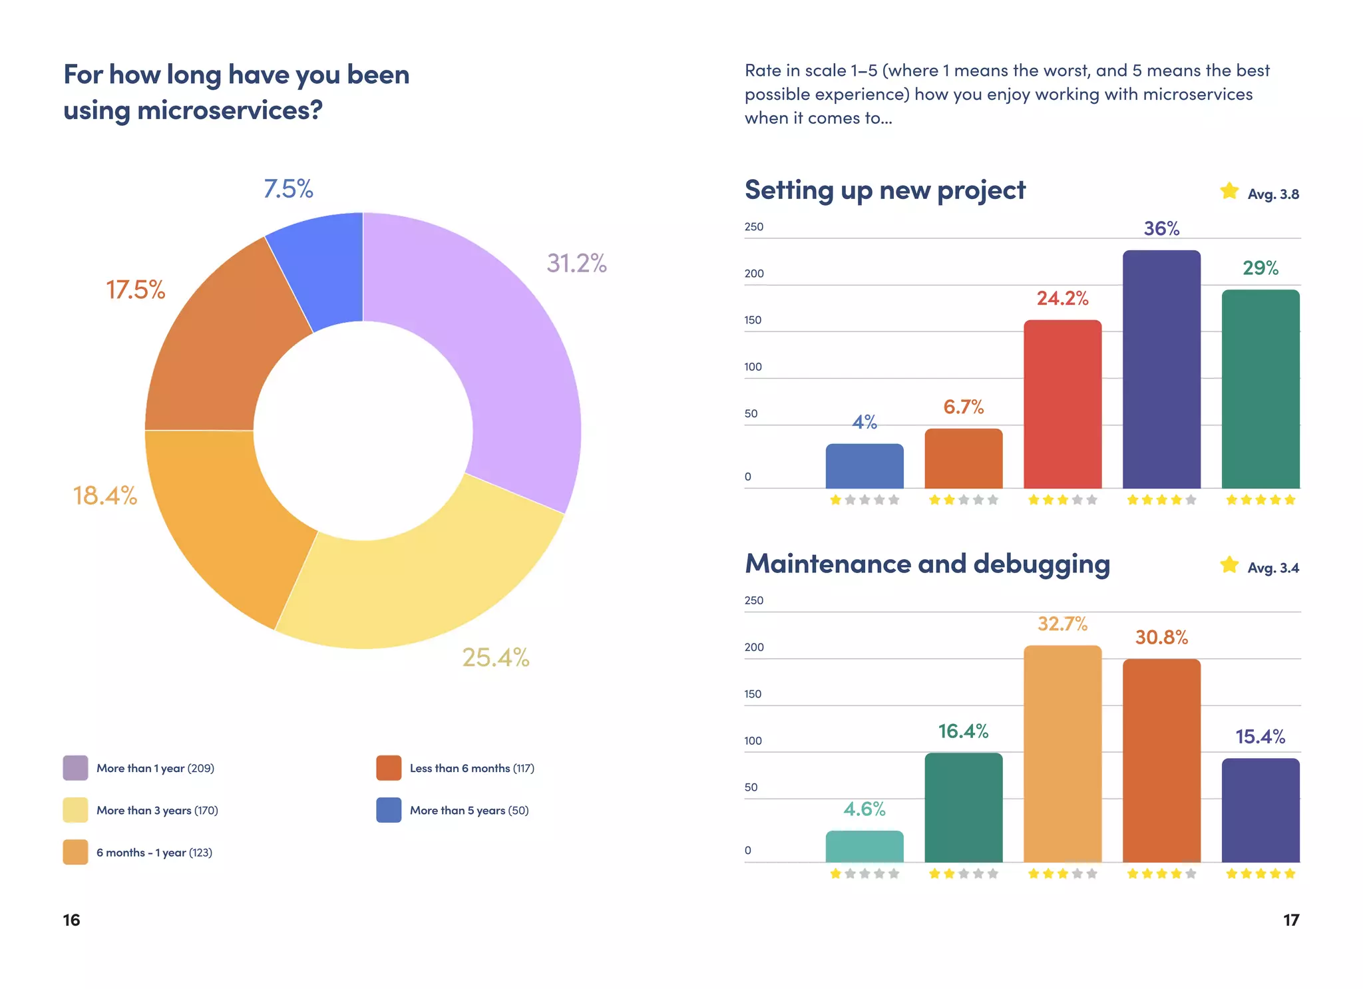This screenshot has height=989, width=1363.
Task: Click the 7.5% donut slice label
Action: click(x=288, y=189)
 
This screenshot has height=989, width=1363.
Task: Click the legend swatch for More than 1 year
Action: click(x=75, y=768)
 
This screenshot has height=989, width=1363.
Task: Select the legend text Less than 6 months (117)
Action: click(x=472, y=768)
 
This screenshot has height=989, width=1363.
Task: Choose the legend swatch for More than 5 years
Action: click(x=389, y=810)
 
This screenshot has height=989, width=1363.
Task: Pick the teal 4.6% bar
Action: click(x=865, y=846)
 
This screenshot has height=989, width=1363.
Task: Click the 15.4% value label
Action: click(x=1260, y=737)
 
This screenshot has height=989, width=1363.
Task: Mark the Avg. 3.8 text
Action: click(x=1272, y=194)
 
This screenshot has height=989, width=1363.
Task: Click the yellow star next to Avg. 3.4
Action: click(x=1229, y=565)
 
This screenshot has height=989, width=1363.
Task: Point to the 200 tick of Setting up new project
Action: click(x=754, y=274)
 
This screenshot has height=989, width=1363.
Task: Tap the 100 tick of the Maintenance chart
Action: click(x=753, y=741)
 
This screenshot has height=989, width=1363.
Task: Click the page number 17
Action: click(x=1290, y=920)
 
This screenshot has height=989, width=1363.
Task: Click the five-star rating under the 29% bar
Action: click(x=1260, y=500)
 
